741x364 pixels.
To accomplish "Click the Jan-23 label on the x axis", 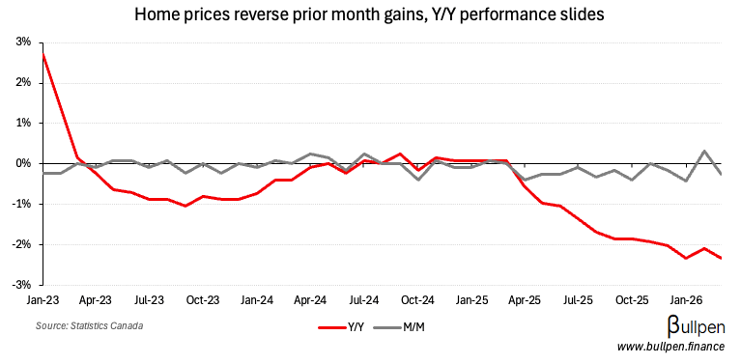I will tap(43, 300).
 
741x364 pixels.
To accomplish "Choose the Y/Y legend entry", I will tap(345, 327).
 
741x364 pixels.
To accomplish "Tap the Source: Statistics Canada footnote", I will tap(90, 326).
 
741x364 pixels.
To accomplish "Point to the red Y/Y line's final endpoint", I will tap(720, 258).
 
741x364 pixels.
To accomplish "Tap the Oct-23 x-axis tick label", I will tap(202, 300).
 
